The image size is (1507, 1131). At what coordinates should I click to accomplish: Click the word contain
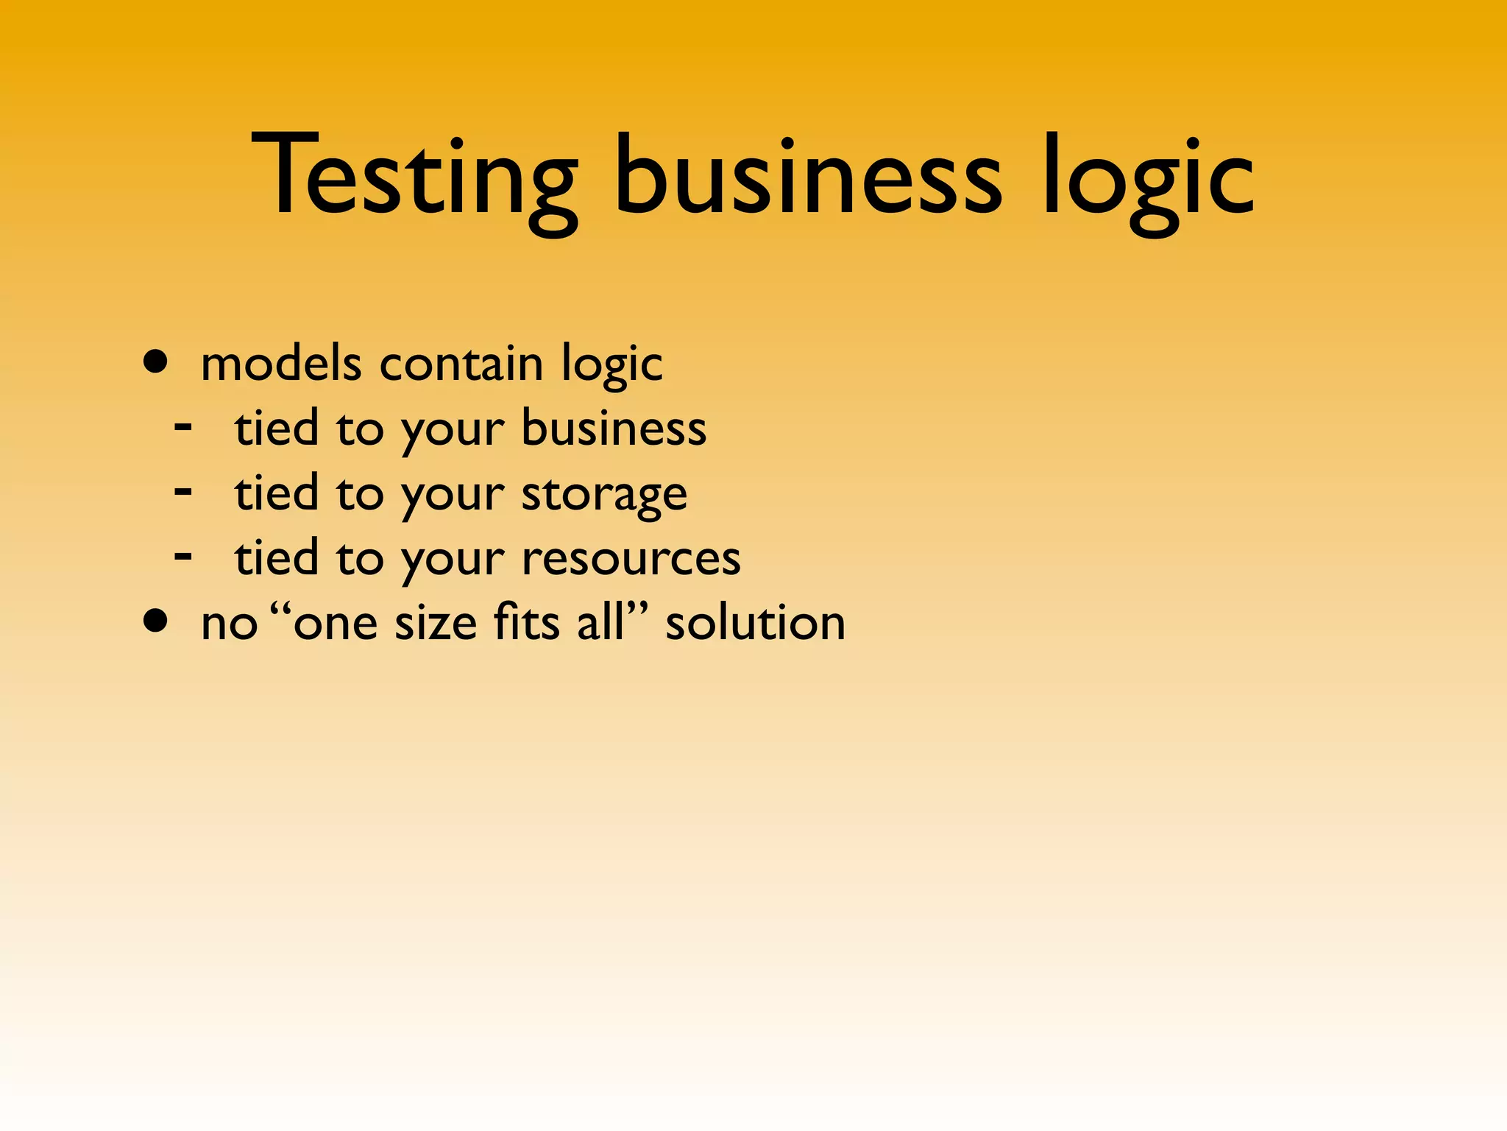461,364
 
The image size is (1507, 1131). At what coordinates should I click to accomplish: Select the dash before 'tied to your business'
183,426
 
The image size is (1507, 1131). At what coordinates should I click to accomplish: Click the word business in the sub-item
614,429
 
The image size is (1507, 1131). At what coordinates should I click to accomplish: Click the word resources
631,559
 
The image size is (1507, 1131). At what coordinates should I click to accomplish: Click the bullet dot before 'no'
156,621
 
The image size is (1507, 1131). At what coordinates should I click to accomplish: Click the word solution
755,623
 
